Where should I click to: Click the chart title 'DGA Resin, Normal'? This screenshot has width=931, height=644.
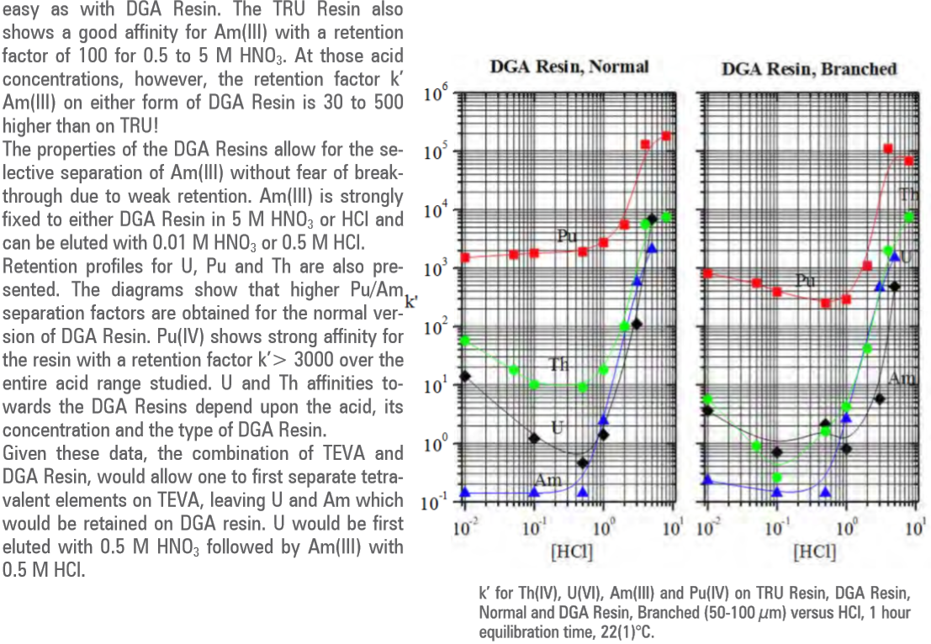click(x=569, y=66)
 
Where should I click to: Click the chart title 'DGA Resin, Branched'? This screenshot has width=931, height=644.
click(x=808, y=69)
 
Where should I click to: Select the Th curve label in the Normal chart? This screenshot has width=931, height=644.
click(x=559, y=364)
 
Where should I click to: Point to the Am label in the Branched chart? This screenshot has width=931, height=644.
click(x=901, y=379)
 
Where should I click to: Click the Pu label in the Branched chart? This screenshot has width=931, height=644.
click(x=807, y=279)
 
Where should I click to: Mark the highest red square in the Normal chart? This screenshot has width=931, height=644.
click(x=666, y=136)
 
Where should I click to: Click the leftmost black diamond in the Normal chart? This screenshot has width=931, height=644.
click(x=465, y=376)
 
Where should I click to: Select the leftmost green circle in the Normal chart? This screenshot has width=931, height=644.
click(x=465, y=340)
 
